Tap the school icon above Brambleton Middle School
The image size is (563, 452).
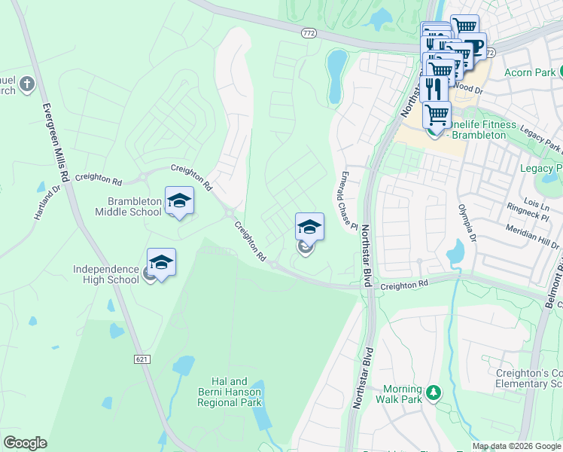coord(179,200)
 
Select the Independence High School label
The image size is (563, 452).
coord(106,274)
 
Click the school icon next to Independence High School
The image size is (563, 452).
coord(161,262)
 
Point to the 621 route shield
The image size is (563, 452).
coord(142,360)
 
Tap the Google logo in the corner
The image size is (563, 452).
coord(25,443)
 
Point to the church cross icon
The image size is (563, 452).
coord(27,84)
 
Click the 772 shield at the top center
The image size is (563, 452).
coord(308,33)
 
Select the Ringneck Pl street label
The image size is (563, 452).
coord(527,215)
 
